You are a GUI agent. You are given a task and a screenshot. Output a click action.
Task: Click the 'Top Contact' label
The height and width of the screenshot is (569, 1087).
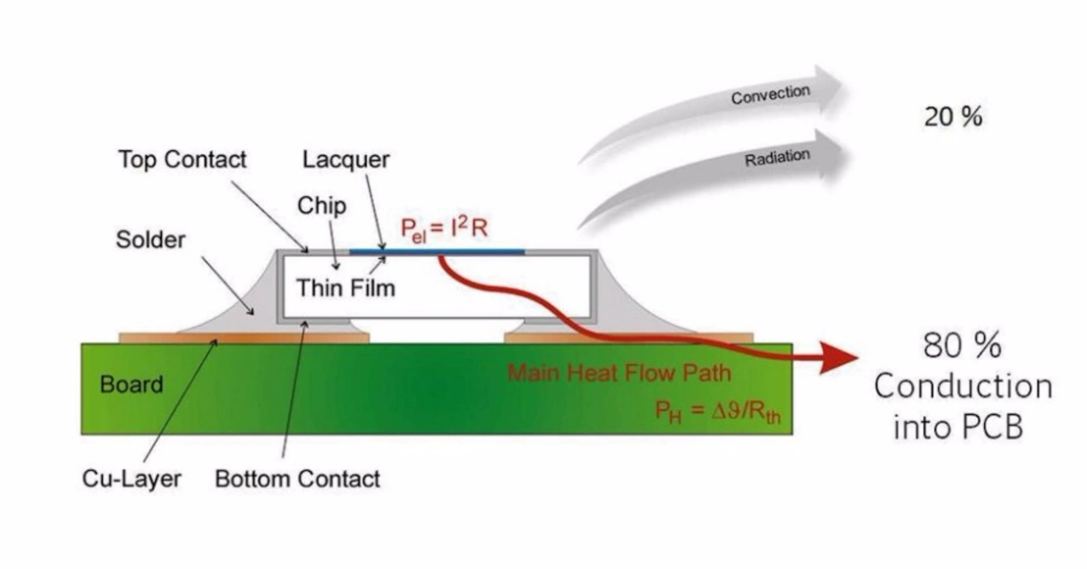click(x=183, y=160)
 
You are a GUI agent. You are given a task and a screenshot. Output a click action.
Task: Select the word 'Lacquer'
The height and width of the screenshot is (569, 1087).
click(x=346, y=160)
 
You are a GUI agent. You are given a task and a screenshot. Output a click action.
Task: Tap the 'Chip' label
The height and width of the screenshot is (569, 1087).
click(x=322, y=206)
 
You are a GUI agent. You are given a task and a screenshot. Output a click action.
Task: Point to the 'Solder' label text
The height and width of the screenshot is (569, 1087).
click(x=150, y=239)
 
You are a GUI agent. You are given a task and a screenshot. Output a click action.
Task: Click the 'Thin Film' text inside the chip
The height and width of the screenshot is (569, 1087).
click(x=346, y=288)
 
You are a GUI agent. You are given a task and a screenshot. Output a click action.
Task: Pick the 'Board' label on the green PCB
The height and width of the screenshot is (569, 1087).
click(x=132, y=385)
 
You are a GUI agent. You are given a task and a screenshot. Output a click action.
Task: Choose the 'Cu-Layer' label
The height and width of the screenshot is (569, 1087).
click(x=132, y=479)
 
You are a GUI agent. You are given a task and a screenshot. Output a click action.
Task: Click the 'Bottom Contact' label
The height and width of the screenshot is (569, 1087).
click(x=297, y=479)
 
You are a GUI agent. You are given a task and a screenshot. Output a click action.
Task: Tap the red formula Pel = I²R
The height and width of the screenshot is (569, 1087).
click(x=444, y=228)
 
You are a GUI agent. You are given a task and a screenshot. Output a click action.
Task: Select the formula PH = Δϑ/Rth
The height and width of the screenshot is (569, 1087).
click(x=718, y=412)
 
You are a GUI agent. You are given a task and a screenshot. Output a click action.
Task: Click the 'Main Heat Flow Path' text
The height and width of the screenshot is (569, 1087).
click(x=619, y=373)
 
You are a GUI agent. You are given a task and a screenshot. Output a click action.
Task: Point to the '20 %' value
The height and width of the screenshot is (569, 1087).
click(x=953, y=117)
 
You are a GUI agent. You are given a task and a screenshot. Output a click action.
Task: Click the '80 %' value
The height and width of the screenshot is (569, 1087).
click(x=962, y=346)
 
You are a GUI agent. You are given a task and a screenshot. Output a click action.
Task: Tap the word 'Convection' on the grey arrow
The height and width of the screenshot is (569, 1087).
click(x=770, y=94)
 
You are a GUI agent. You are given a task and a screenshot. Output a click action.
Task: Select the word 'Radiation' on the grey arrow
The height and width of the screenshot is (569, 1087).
click(x=777, y=157)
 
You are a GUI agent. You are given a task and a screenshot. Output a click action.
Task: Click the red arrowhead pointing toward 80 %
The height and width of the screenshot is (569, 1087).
click(x=838, y=358)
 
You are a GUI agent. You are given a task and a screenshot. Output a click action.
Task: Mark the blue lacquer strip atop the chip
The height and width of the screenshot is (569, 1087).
click(x=436, y=252)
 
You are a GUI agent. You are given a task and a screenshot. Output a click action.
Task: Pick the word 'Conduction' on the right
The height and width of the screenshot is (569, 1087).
click(x=963, y=387)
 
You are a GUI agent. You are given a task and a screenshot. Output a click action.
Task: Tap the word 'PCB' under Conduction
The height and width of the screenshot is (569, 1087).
click(x=994, y=427)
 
